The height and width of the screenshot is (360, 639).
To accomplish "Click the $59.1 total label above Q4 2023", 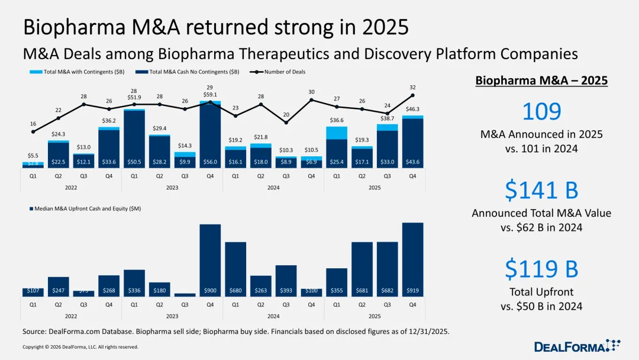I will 210,94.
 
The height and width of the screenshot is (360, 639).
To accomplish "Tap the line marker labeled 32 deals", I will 412,95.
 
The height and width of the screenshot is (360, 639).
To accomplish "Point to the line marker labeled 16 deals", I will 33,131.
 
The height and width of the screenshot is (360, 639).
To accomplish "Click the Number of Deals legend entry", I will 281,72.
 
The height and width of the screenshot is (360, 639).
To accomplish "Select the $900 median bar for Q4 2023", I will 210,261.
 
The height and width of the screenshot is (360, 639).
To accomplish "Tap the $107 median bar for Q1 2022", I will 33,292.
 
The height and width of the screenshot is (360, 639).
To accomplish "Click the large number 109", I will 541,112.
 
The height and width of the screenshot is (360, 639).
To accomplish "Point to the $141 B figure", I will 541,190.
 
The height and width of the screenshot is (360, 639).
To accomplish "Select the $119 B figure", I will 541,268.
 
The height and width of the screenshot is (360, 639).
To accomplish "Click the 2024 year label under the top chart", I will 273,187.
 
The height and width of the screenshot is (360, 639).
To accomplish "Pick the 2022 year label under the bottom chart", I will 71,316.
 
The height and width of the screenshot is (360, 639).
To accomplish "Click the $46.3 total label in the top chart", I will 412,109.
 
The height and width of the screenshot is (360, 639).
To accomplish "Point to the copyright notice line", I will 80,347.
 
